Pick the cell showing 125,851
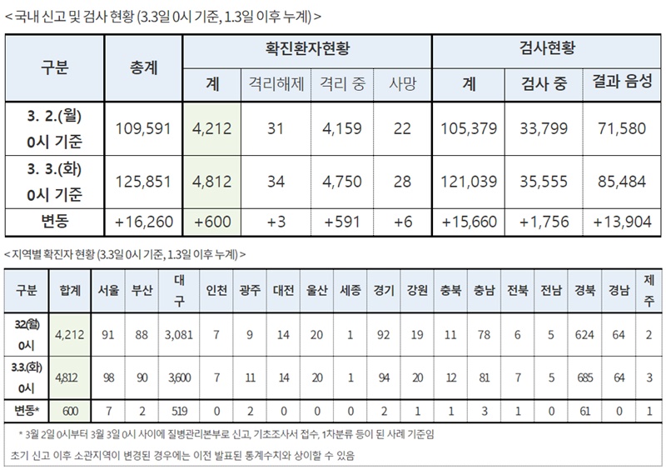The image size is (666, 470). pos(145,179)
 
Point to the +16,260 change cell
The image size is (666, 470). pos(145,221)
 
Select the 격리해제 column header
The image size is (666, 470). pos(274,84)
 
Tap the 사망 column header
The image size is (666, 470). pos(401,84)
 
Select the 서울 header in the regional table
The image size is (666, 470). pos(107,291)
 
